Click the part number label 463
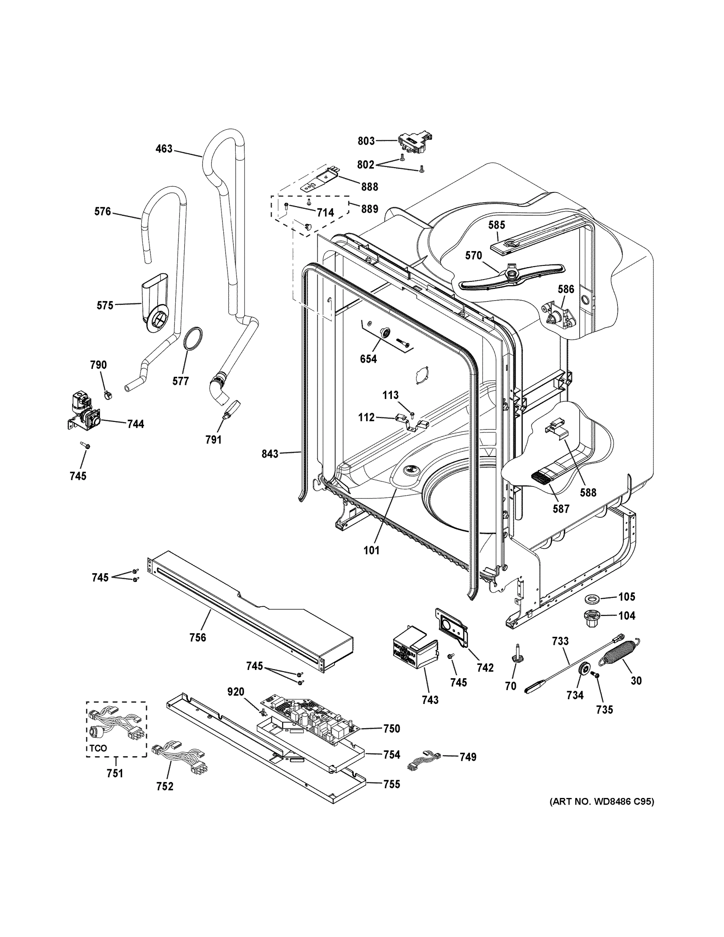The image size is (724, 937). tap(164, 149)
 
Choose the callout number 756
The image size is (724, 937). tap(197, 638)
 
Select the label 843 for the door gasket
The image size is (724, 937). tap(270, 454)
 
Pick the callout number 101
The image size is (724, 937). tap(372, 550)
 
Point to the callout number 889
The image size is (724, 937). tap(369, 209)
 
